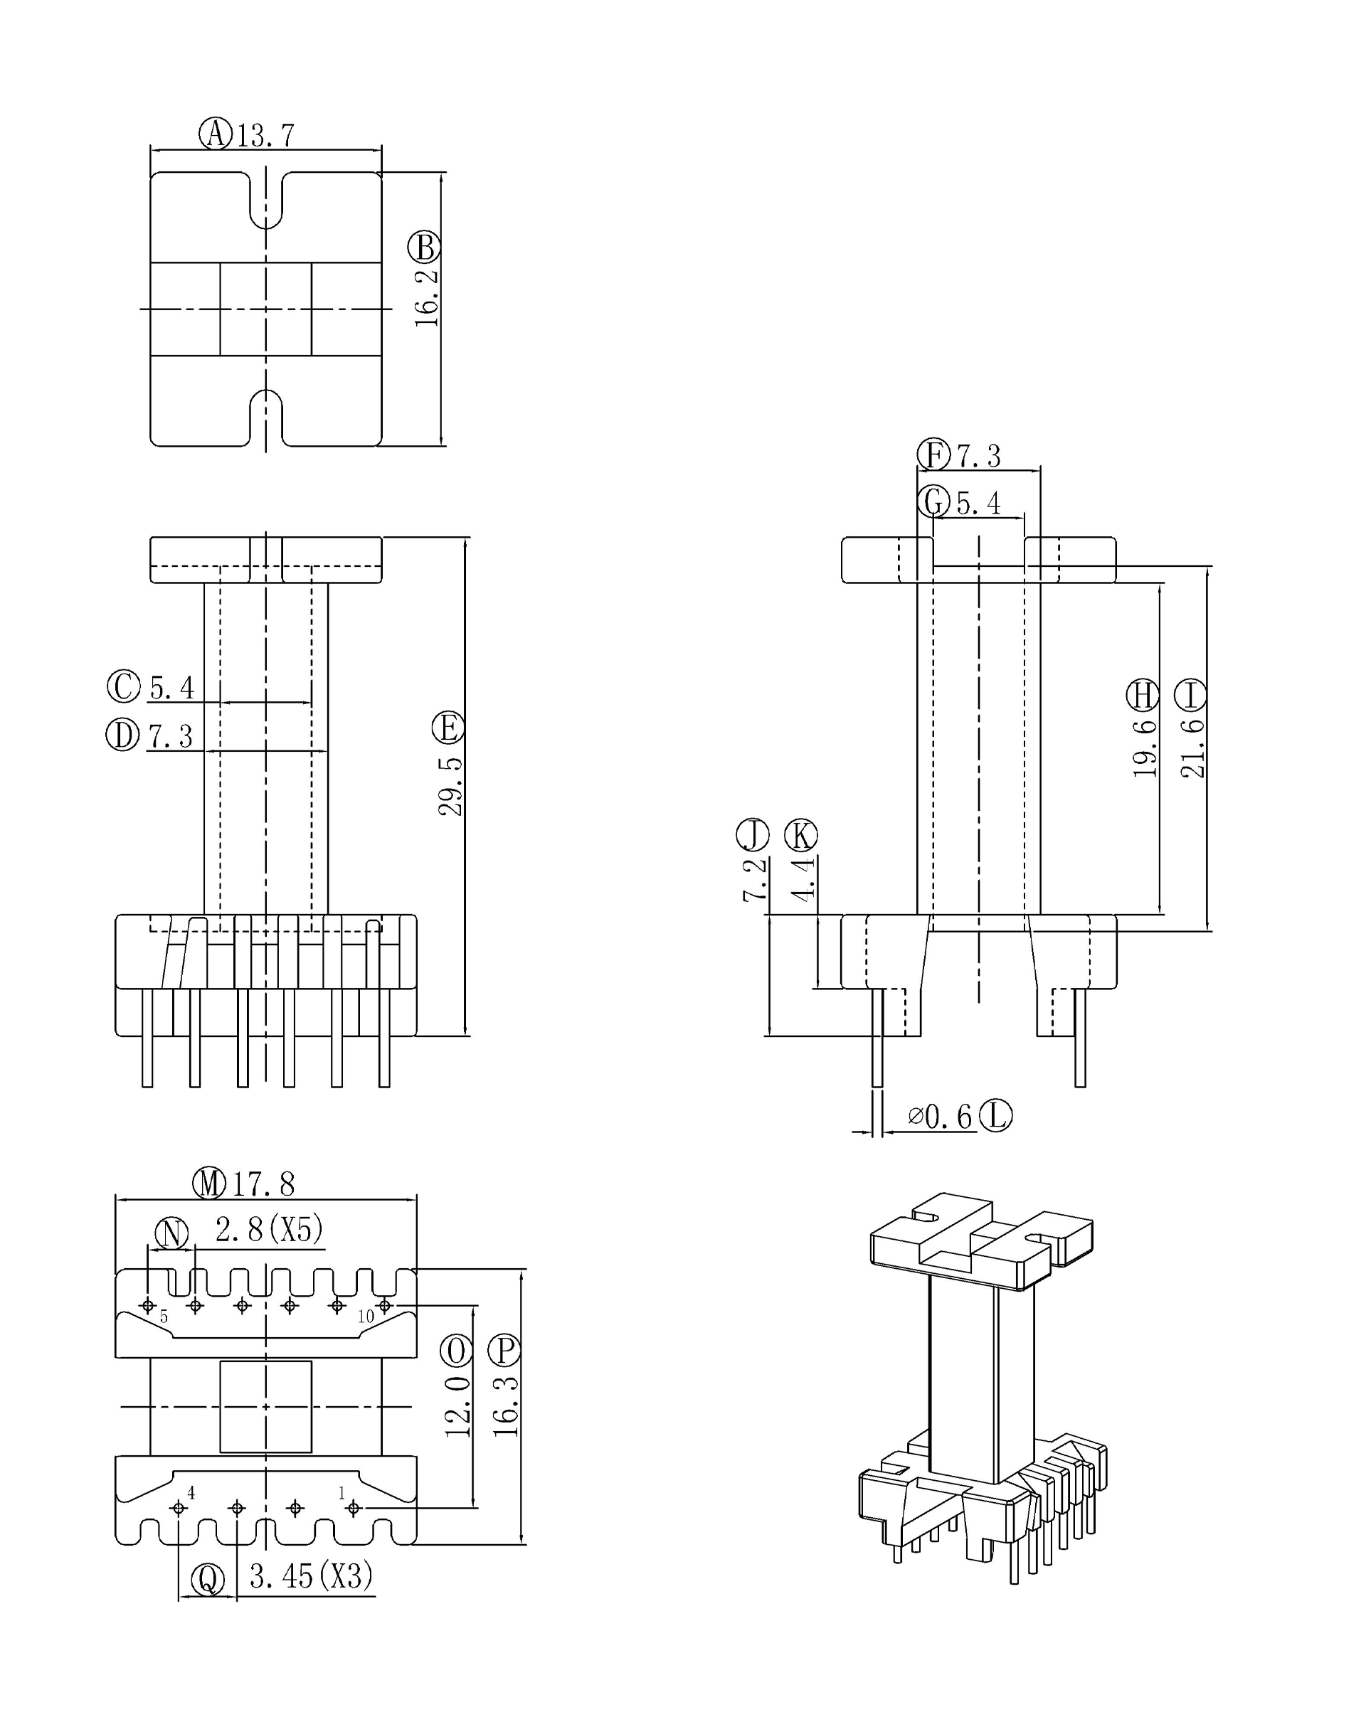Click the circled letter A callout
pos(214,134)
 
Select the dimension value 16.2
pos(427,297)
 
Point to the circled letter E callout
pos(448,728)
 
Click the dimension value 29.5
pos(451,786)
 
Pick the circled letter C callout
pos(124,686)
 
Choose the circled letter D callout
pos(122,734)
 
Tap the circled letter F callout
pos(933,455)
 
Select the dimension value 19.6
pos(1145,748)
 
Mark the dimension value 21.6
pos(1192,748)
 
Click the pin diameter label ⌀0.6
pos(940,1117)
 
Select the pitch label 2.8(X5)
pos(269,1230)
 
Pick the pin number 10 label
pos(366,1317)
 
